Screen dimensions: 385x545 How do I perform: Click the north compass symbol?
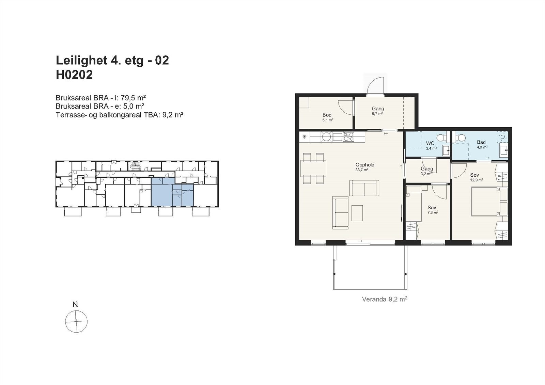[x=76, y=321]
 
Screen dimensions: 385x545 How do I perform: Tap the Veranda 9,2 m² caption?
[x=385, y=300]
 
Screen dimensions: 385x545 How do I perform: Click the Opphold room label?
[x=364, y=165]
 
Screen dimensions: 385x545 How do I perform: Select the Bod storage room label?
[x=327, y=115]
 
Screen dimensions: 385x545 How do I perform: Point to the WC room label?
[x=430, y=143]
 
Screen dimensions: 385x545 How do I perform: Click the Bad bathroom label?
[x=481, y=142]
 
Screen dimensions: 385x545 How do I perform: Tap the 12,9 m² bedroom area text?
[x=477, y=180]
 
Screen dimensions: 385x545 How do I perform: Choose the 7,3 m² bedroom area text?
[x=433, y=212]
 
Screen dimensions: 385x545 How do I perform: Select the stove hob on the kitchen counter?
[x=348, y=137]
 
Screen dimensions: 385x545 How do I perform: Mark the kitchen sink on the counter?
[x=338, y=137]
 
